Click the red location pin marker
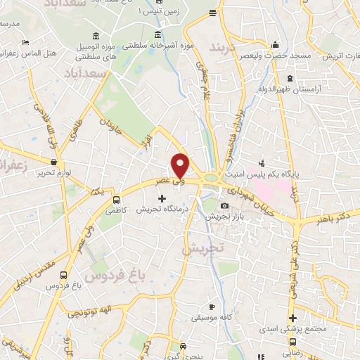click(x=181, y=165)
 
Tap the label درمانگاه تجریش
click(x=160, y=210)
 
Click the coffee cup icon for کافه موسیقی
click(x=212, y=307)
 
